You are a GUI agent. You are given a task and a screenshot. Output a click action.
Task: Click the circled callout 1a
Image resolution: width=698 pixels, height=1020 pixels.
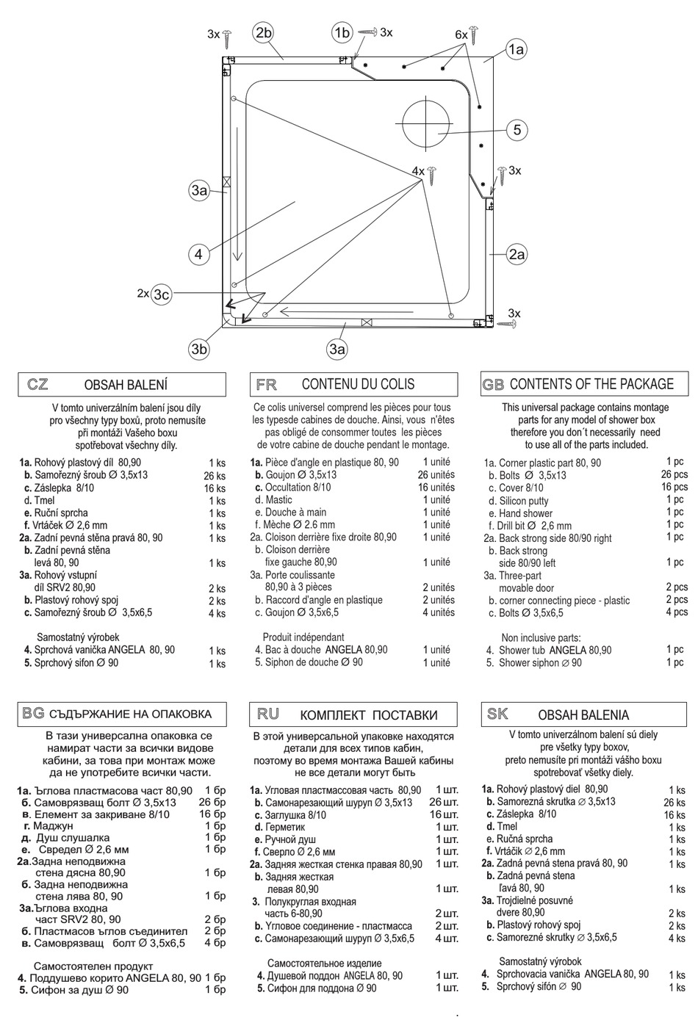(516, 50)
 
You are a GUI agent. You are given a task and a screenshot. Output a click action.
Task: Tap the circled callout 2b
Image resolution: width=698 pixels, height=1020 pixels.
(263, 32)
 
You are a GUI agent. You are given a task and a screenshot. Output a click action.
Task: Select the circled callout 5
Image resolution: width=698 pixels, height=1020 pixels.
(517, 130)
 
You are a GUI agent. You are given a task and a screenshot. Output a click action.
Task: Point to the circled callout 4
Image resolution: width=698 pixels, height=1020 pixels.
(198, 255)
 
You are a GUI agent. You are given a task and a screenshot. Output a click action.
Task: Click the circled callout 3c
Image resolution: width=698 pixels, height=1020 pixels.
(162, 294)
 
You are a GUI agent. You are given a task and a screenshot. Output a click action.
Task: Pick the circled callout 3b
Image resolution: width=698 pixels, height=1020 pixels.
(199, 349)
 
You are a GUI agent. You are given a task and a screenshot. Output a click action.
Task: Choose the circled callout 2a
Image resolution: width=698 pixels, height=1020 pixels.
(517, 255)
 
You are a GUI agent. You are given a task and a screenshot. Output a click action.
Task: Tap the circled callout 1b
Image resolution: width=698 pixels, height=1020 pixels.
(342, 32)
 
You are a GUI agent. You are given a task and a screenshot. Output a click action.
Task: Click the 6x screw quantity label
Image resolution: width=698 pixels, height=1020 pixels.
(461, 35)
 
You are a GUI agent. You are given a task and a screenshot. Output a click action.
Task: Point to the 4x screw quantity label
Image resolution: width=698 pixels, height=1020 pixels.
(418, 171)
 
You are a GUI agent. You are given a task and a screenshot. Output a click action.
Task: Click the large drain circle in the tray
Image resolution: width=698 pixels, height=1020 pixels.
(425, 122)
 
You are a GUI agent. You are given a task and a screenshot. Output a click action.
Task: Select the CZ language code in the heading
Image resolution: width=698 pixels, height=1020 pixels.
(37, 384)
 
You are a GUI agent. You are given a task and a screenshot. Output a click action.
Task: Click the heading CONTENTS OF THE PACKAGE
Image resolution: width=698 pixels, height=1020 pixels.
(591, 384)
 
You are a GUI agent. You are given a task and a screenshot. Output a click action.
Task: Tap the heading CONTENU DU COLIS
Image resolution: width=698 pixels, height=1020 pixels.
(358, 384)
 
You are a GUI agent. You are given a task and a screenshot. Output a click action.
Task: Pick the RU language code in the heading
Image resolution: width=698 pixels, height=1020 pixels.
(268, 714)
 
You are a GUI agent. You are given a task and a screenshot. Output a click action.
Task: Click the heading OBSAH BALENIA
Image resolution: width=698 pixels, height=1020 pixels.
(583, 715)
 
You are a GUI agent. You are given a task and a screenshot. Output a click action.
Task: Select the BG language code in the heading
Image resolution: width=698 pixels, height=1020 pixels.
(33, 713)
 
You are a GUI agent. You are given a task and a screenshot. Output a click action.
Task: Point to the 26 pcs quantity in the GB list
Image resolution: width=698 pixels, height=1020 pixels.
(674, 474)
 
